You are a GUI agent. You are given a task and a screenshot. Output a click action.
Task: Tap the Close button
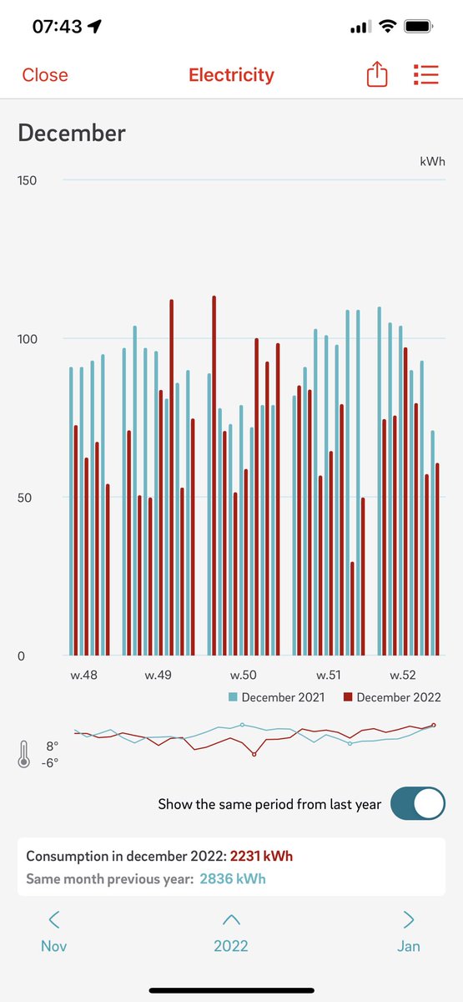point(45,75)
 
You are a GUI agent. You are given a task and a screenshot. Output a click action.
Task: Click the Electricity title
point(231,75)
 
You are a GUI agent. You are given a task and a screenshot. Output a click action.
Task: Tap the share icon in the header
point(377,75)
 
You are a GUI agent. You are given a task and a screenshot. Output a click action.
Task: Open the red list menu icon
point(425,75)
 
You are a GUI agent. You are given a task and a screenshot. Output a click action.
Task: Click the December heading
point(72,133)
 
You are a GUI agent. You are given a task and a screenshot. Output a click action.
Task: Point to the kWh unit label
point(432,159)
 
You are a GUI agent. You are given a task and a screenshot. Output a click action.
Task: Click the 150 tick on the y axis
point(28,180)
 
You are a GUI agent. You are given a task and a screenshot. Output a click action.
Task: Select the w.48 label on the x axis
point(83,675)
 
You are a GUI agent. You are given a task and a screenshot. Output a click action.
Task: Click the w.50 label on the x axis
point(244,675)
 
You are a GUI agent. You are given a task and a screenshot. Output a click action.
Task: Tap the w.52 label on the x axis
point(402,675)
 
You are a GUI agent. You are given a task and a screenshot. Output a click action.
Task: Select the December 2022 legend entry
point(391,697)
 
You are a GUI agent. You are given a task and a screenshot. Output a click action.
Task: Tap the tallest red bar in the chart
point(214,476)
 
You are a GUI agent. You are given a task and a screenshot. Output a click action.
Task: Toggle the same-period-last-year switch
point(417,804)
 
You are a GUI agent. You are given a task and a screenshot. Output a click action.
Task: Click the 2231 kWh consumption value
point(261,857)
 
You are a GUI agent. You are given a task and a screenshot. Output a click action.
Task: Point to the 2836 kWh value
point(233,878)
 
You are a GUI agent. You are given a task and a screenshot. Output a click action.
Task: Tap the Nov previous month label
point(53,945)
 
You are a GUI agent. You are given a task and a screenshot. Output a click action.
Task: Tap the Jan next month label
point(408,945)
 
